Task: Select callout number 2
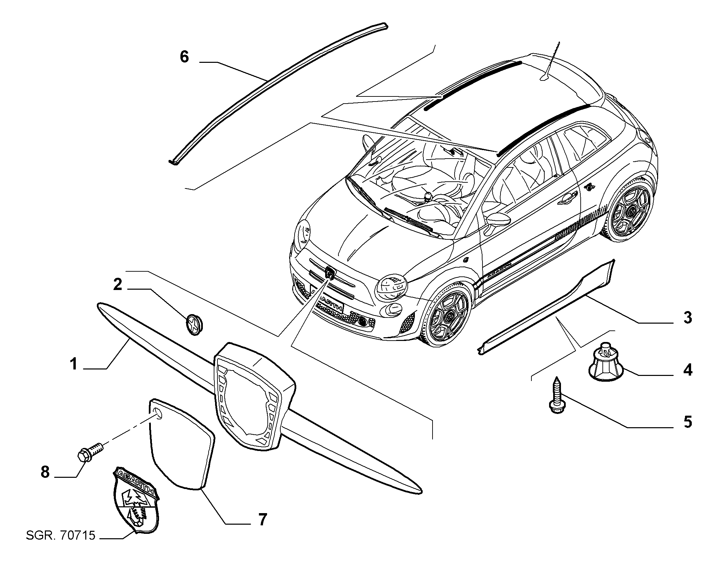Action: point(118,284)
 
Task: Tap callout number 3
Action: point(687,318)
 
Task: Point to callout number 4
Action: point(687,370)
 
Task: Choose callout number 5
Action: point(687,422)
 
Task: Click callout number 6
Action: point(184,57)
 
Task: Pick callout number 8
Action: point(45,472)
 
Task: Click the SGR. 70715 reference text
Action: point(60,546)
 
